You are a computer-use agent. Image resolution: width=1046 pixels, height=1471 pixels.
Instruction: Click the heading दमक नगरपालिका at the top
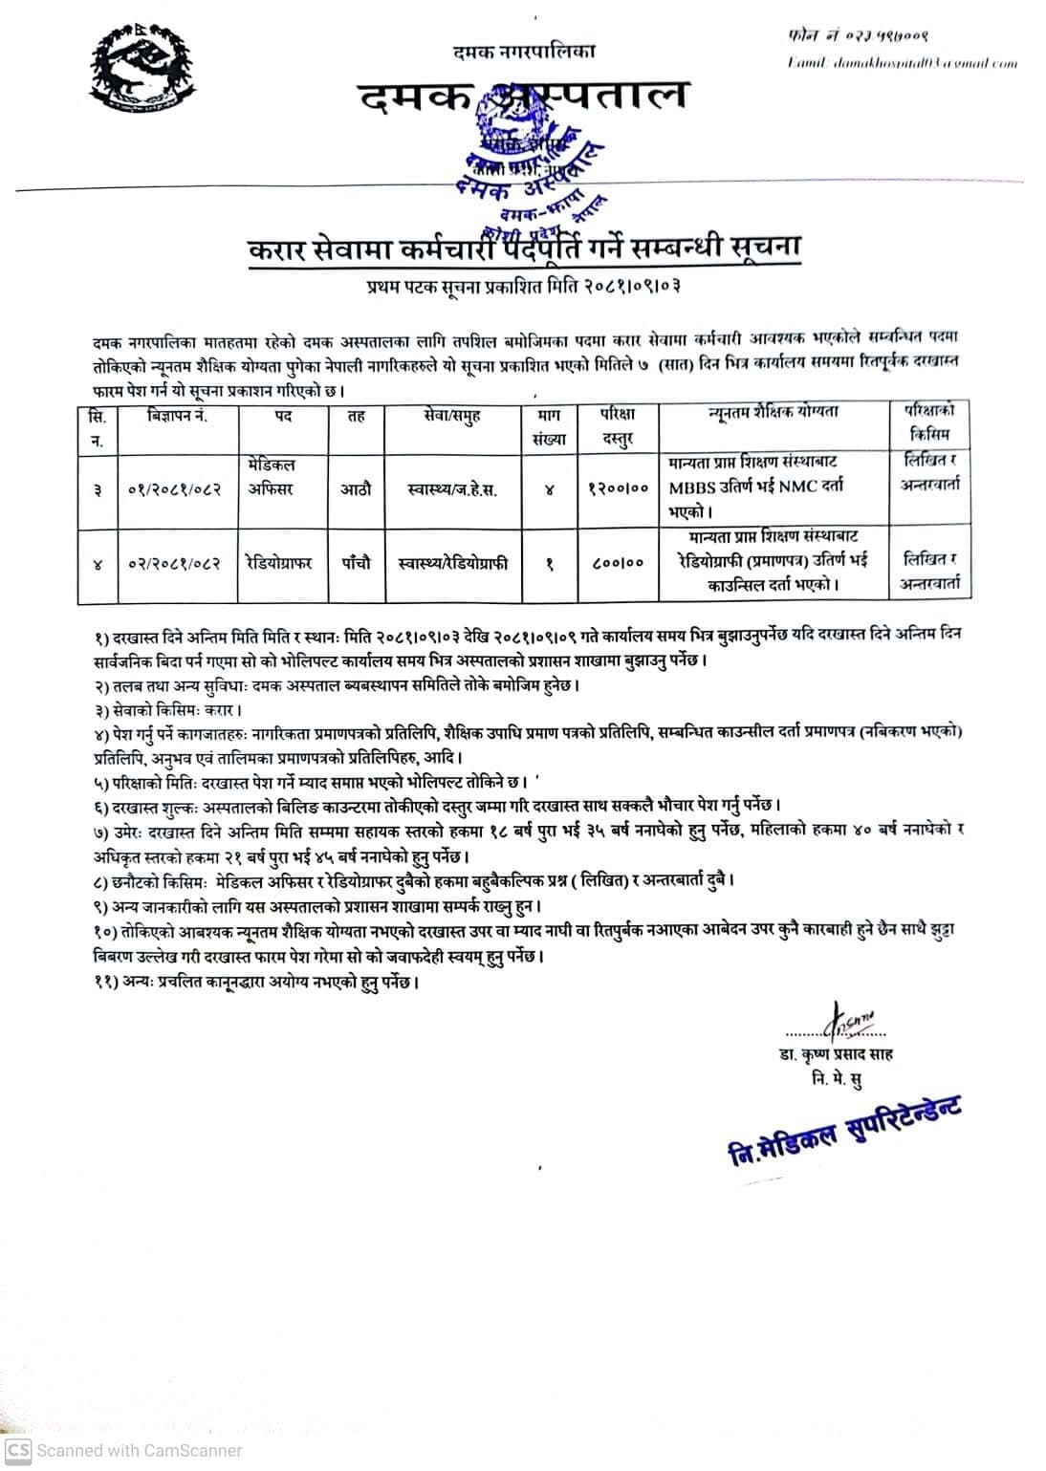[x=524, y=52]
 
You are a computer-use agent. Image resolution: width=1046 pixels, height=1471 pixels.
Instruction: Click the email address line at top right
[x=902, y=63]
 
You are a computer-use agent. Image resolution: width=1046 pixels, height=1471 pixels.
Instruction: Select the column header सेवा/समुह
[x=453, y=417]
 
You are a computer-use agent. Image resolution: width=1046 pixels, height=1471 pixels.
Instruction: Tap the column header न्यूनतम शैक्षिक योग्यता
[x=773, y=413]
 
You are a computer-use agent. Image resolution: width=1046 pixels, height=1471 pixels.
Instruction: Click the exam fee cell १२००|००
[x=617, y=488]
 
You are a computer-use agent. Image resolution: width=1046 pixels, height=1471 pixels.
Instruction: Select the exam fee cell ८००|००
[x=617, y=564]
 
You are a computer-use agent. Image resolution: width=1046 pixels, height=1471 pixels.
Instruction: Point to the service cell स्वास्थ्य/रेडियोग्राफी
[x=452, y=563]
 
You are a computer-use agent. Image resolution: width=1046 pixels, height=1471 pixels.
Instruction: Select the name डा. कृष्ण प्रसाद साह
[x=835, y=1054]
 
